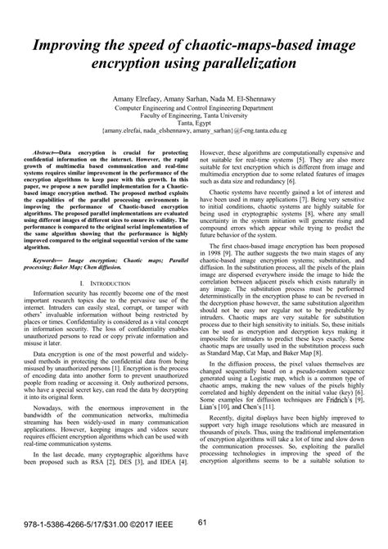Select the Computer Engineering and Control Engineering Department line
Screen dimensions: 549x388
click(193, 106)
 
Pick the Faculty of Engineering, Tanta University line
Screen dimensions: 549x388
click(193, 113)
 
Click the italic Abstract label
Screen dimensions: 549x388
click(45, 152)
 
